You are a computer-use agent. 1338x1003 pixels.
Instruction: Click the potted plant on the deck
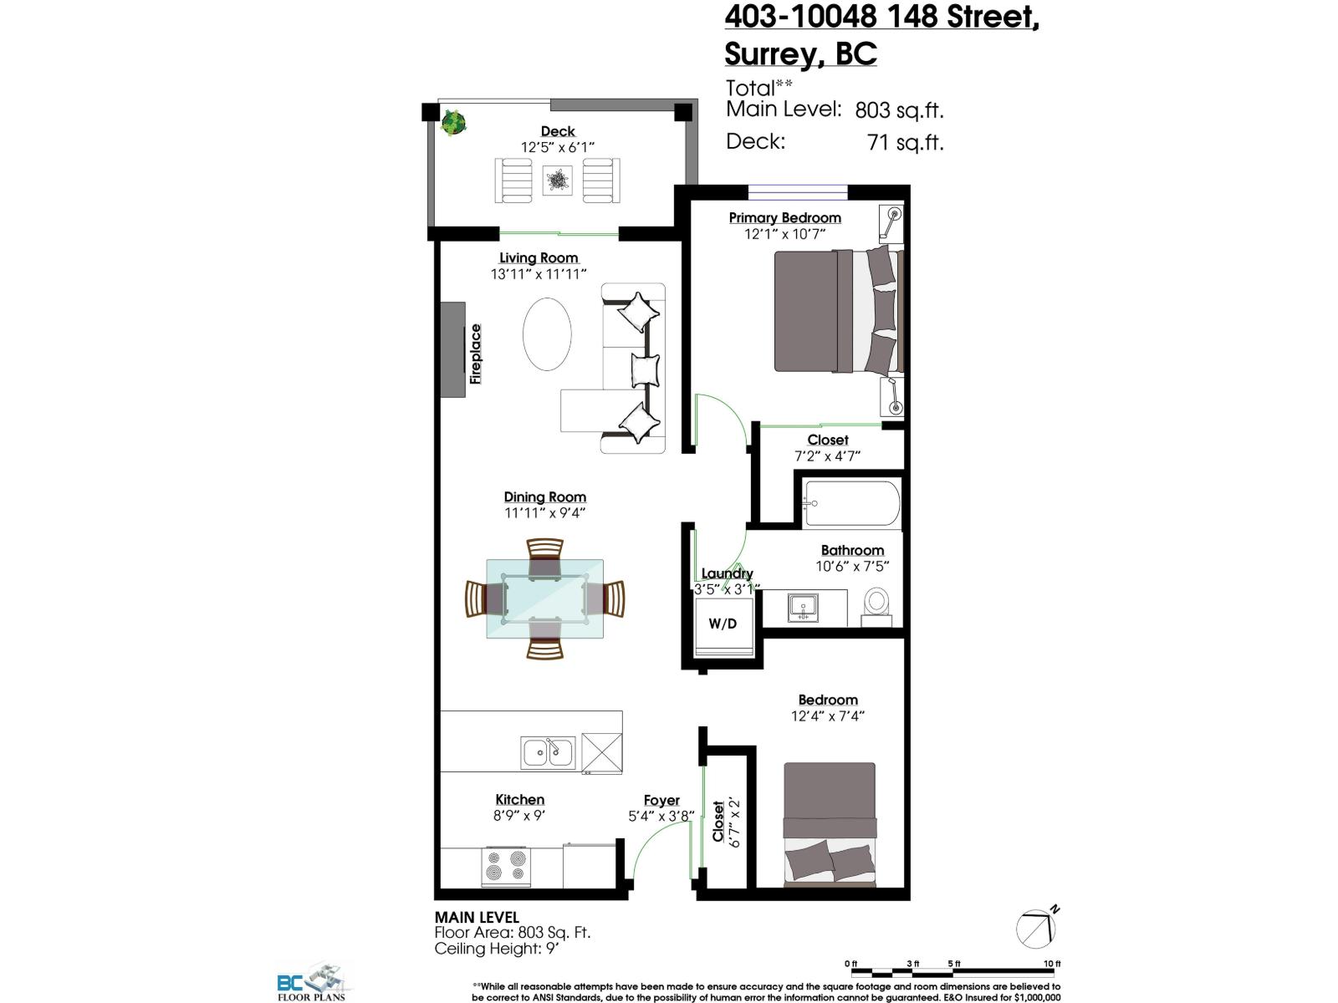pyautogui.click(x=453, y=123)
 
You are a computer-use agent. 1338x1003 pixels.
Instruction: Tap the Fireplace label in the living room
pyautogui.click(x=476, y=354)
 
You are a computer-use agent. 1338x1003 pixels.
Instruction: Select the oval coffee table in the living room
pyautogui.click(x=547, y=333)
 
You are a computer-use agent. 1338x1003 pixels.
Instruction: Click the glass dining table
pyautogui.click(x=545, y=598)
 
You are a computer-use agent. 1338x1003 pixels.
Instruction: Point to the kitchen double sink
pyautogui.click(x=548, y=752)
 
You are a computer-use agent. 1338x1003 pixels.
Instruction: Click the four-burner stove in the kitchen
pyautogui.click(x=506, y=867)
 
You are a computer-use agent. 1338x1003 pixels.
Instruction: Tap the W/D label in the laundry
pyautogui.click(x=723, y=624)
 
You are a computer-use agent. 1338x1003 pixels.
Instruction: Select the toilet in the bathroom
pyautogui.click(x=877, y=603)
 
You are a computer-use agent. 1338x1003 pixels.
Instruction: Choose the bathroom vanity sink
pyautogui.click(x=803, y=607)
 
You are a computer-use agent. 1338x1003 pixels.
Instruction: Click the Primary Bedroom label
pyautogui.click(x=784, y=217)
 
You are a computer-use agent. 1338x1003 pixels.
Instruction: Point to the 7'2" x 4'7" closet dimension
pyautogui.click(x=827, y=456)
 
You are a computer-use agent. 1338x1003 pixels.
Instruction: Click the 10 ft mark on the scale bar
pyautogui.click(x=1052, y=964)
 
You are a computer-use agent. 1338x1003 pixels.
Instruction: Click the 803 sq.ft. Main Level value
pyautogui.click(x=899, y=109)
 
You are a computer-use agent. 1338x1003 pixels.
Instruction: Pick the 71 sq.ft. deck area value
pyautogui.click(x=906, y=142)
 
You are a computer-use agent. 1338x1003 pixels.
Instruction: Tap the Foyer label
pyautogui.click(x=661, y=800)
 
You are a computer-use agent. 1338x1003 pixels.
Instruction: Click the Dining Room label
pyautogui.click(x=544, y=496)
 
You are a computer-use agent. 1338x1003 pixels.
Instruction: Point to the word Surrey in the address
pyautogui.click(x=769, y=53)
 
